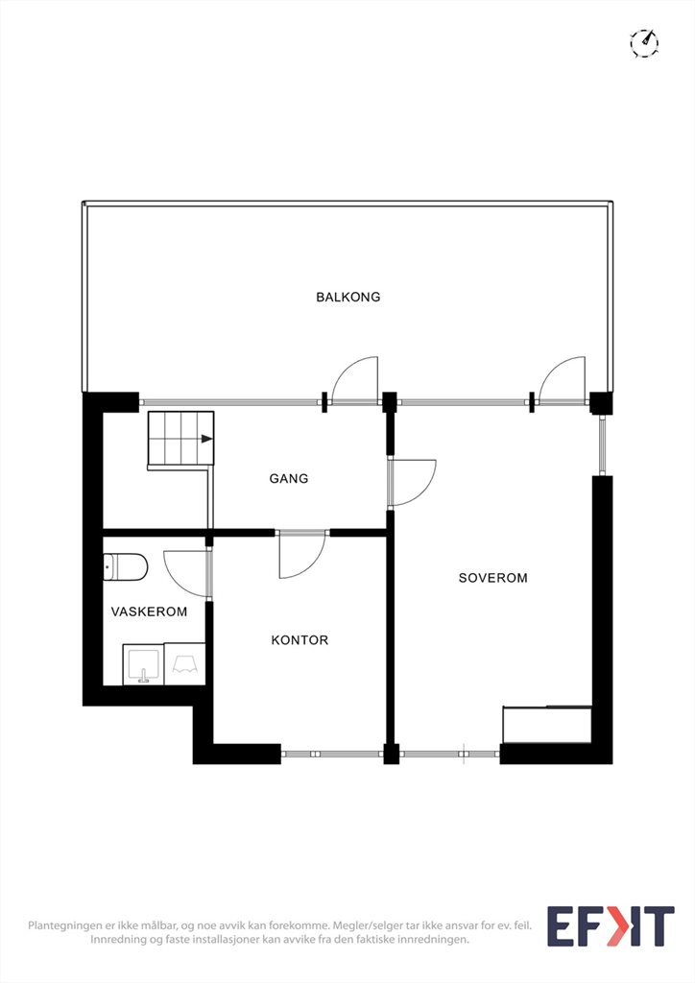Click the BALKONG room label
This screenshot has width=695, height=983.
click(347, 297)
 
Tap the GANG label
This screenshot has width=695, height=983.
click(289, 478)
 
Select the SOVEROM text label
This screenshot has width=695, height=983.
click(492, 578)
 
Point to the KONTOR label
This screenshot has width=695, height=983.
click(300, 640)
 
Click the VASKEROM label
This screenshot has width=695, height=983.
click(149, 611)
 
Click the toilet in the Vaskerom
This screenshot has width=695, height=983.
click(126, 567)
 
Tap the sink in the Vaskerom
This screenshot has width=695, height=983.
click(144, 664)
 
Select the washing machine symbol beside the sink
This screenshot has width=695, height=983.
click(185, 664)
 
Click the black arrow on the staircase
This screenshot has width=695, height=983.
click(206, 439)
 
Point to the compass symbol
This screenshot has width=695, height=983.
click(644, 43)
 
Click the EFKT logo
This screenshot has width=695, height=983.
click(611, 926)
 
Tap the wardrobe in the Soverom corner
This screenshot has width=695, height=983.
click(548, 726)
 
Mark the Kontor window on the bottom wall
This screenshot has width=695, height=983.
click(331, 754)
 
